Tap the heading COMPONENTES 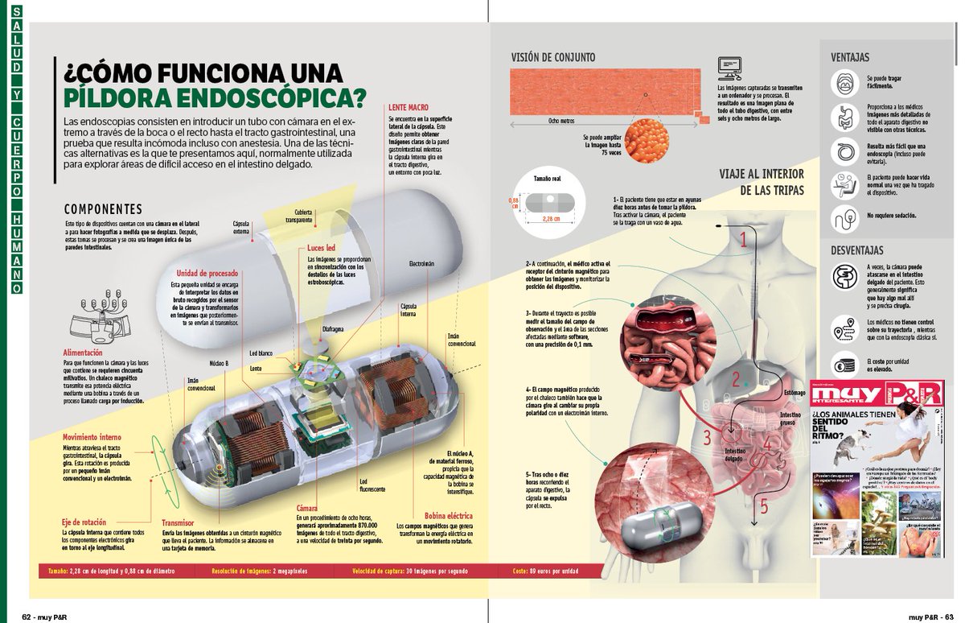(103, 209)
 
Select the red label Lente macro (408, 107)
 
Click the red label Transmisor (178, 522)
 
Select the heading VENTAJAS (850, 57)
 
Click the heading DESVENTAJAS (857, 250)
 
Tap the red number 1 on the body (744, 239)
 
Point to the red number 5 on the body (763, 506)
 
